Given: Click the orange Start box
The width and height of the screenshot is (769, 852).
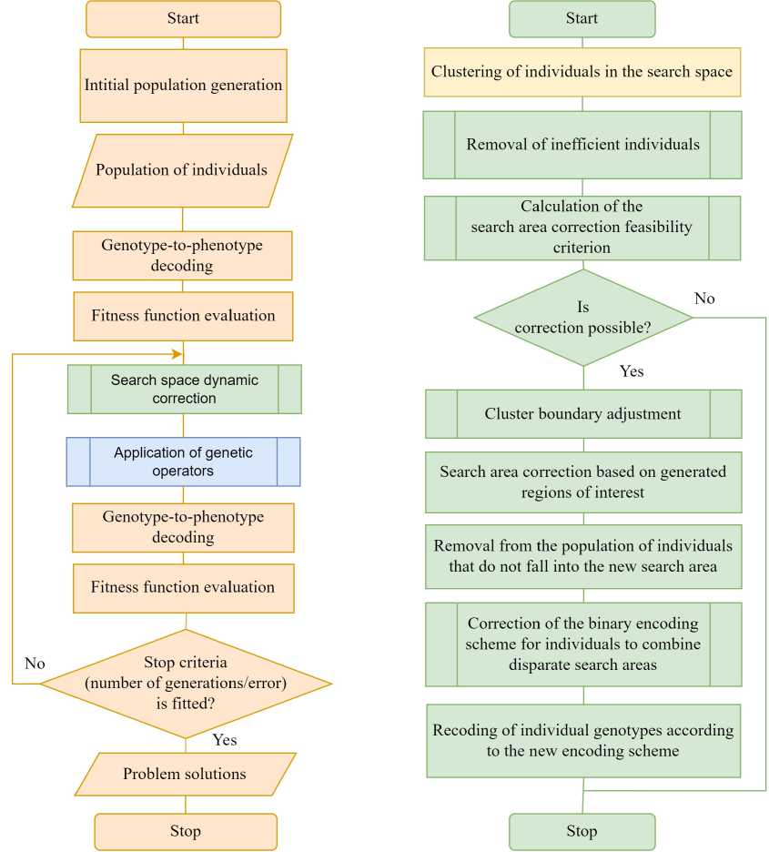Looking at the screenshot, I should point(183,19).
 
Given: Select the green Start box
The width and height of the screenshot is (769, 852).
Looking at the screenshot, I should point(582,19).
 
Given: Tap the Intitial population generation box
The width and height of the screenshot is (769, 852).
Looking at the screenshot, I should point(183,86).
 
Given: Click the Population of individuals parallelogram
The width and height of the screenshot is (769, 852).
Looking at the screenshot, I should point(182,170).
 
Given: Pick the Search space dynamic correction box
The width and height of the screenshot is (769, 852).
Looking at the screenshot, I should point(184,389).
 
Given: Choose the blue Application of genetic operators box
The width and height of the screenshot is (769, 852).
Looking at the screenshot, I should point(183,461).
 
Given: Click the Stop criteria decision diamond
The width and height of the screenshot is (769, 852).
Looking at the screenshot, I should point(186,683).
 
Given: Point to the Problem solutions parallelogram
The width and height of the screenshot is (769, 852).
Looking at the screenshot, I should point(185,774).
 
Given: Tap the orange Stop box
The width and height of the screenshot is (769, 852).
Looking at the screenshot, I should point(185,831).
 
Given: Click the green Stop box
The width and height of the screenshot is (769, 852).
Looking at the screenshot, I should point(582,831).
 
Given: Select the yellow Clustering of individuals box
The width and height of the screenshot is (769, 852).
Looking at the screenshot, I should point(582,72).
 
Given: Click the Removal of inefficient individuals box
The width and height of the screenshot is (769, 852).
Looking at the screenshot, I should point(582,145).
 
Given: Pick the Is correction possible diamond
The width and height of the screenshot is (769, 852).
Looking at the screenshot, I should point(582,317).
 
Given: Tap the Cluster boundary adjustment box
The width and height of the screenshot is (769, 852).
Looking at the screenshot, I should point(582,414).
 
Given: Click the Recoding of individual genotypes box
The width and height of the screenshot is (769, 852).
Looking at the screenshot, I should point(582,741).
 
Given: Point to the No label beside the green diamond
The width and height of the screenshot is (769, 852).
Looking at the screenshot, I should point(704,299).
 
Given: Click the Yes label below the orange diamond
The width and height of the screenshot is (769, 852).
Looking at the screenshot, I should point(224,740).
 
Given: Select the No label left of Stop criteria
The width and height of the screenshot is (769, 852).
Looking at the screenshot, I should point(35,664).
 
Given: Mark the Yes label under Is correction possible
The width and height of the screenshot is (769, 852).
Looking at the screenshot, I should point(632,371).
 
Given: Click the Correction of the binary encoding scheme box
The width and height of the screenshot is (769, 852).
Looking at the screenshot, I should point(582,644).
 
